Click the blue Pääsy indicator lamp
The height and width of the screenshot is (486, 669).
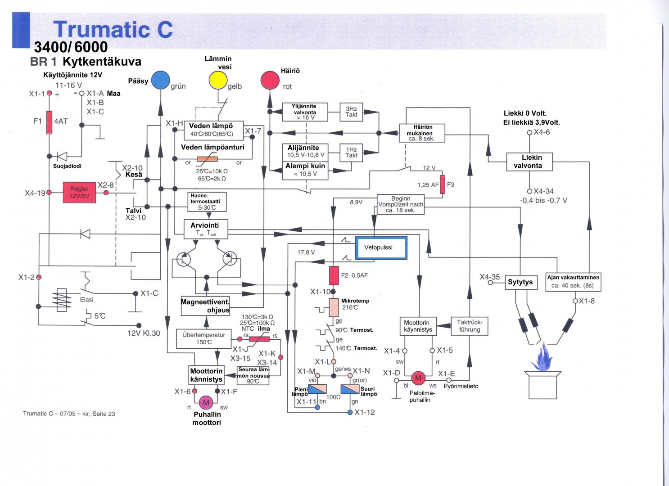(160, 81)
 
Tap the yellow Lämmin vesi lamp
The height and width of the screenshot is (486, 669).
(218, 81)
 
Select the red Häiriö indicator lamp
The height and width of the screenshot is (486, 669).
(270, 81)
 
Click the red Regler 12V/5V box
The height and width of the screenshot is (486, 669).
(79, 192)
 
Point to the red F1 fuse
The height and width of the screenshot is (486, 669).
(50, 122)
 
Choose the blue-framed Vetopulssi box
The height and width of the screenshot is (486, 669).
(381, 247)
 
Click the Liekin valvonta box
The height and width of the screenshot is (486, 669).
(529, 162)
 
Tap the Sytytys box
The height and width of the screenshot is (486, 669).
(521, 282)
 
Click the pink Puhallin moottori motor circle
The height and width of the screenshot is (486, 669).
(206, 402)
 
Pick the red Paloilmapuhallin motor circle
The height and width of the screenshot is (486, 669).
(418, 378)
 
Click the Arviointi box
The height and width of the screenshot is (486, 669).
(206, 228)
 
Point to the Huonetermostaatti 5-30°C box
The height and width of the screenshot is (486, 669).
(207, 202)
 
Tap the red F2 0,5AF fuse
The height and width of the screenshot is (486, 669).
(334, 275)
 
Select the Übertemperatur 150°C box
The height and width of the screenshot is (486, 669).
(203, 338)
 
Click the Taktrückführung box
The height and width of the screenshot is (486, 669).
(469, 326)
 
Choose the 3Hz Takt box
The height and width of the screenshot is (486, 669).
(351, 112)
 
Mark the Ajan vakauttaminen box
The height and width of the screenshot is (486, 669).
(573, 282)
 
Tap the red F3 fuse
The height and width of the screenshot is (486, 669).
(443, 184)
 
